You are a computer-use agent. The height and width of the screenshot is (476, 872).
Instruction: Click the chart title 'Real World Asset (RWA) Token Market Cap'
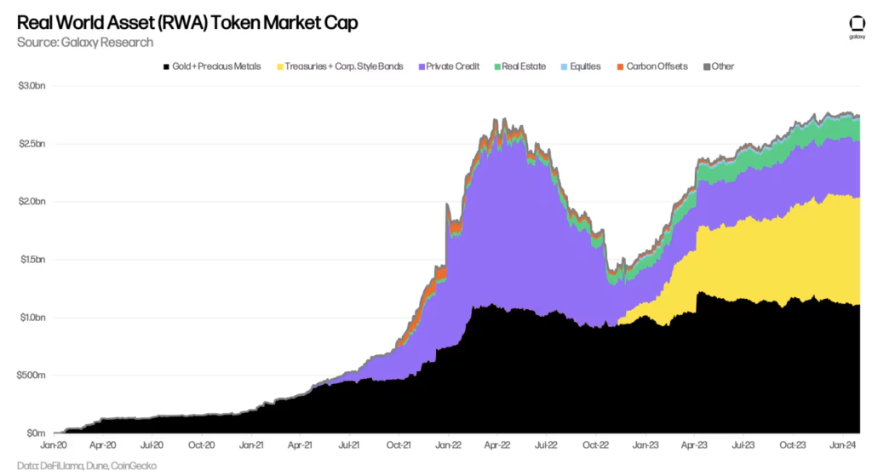187,23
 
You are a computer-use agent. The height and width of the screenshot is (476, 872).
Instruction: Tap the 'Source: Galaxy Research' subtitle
85,42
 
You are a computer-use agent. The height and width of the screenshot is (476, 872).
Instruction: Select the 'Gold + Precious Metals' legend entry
216,66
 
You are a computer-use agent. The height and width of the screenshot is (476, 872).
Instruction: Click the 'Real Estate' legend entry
519,66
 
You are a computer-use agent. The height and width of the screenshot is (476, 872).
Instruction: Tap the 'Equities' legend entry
580,66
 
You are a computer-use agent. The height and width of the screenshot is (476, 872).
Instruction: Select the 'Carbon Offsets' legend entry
651,66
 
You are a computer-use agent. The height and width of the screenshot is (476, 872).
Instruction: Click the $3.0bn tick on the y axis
32,86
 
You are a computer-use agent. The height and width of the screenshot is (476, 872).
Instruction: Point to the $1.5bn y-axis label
32,260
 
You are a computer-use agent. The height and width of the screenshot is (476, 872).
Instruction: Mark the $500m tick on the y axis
32,376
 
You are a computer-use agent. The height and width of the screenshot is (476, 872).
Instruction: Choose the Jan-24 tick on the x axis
844,444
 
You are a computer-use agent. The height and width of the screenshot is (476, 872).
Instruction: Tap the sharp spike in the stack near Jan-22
447,205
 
